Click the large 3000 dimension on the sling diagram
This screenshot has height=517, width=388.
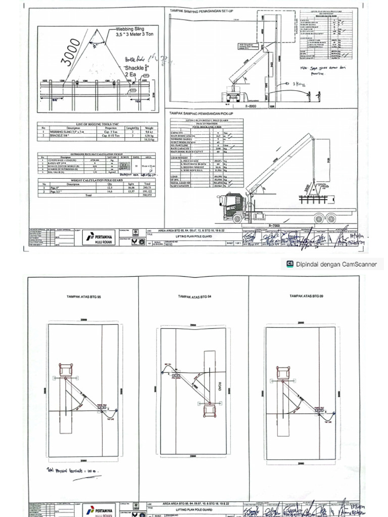click(x=71, y=54)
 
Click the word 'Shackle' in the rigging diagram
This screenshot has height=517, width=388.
click(x=133, y=67)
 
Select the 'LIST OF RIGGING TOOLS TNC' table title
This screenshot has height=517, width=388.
click(x=97, y=124)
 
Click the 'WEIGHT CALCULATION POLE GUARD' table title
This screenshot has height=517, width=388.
click(x=97, y=179)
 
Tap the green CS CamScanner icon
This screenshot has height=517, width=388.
click(x=290, y=264)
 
